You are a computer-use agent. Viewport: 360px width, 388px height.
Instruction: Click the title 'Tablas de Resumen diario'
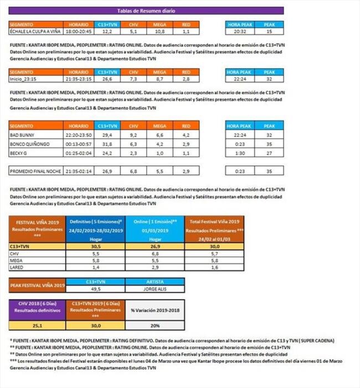147,11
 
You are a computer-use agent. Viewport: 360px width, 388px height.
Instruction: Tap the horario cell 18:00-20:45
79,32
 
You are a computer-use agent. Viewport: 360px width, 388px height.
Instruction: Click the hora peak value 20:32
240,32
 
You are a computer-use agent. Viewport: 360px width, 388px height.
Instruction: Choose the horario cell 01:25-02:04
79,152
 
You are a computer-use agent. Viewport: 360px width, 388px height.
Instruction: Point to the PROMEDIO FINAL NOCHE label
35,172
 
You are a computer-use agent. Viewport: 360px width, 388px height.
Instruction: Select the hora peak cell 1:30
240,152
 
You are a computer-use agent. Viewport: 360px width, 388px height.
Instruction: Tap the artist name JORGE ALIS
156,288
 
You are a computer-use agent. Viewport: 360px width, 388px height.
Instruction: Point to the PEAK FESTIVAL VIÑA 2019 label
38,285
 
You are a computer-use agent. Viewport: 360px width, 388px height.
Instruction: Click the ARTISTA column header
156,281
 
